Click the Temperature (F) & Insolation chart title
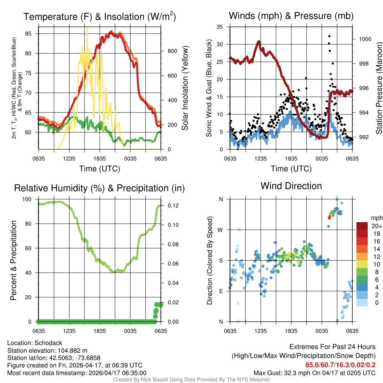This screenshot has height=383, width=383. coord(99,17)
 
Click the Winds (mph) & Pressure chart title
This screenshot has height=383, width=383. coord(291,16)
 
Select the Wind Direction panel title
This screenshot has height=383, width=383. coord(291,186)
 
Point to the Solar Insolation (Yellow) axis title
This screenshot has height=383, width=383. coord(185,88)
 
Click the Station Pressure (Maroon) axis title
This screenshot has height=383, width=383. coord(379,88)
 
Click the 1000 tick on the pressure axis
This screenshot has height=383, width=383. coord(365,39)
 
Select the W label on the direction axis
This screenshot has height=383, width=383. coord(221,230)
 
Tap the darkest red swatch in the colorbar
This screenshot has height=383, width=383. coord(362,226)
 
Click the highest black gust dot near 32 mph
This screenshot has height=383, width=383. coord(329,36)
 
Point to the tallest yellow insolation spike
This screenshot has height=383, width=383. coord(88,28)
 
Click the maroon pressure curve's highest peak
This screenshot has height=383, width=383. coord(258,42)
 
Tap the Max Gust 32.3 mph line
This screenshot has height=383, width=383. coord(314,373)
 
